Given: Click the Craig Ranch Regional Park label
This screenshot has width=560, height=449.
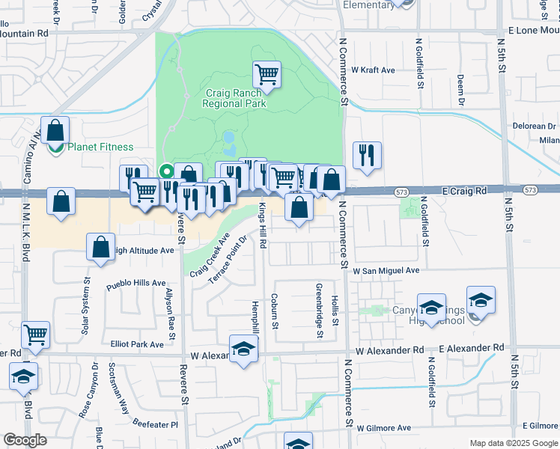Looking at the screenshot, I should [234, 99].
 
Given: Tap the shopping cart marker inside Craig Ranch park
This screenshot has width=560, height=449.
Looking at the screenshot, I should [267, 75].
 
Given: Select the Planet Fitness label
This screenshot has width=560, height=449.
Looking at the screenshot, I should [100, 147].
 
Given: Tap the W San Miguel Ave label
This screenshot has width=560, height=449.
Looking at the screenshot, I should [386, 270].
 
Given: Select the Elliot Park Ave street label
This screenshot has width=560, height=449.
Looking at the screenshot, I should [136, 344].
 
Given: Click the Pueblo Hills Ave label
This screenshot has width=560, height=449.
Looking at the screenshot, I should [136, 284].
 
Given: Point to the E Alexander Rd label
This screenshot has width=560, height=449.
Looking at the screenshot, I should [471, 349].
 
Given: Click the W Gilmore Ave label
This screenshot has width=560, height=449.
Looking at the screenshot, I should [384, 428].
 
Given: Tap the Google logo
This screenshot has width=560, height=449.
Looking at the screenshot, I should [25, 440].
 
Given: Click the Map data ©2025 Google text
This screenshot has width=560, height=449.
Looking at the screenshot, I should [513, 443].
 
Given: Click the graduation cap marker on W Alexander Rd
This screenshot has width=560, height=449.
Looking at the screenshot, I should [243, 349].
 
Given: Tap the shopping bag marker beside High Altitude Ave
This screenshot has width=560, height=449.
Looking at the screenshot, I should [100, 248].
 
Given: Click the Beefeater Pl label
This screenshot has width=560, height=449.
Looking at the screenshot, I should [155, 424].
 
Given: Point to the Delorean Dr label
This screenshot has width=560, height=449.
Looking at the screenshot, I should [535, 126].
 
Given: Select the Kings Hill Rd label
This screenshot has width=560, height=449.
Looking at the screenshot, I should [263, 224].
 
